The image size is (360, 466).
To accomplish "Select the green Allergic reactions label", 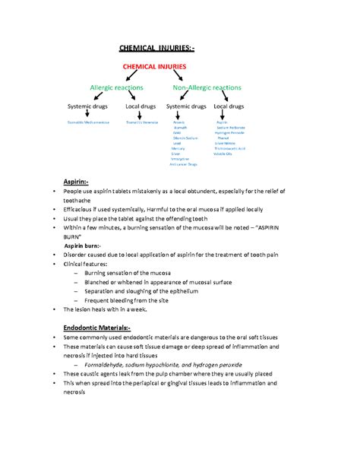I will (113, 88).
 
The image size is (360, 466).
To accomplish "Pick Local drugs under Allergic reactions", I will (141, 106).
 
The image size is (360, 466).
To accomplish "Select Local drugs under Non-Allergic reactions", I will (229, 106).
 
